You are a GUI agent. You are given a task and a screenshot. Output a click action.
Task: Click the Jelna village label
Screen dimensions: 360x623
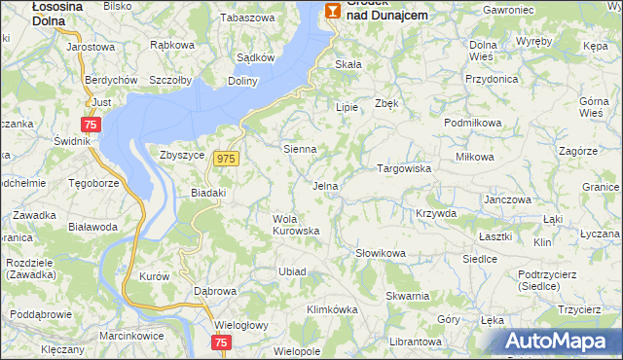[x=325, y=185]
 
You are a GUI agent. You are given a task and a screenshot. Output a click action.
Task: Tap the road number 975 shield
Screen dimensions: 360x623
[x=227, y=159]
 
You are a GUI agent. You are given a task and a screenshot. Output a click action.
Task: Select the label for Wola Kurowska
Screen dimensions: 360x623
[x=296, y=224]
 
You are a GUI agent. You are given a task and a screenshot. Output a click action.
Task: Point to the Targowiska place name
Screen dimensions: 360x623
[x=404, y=168]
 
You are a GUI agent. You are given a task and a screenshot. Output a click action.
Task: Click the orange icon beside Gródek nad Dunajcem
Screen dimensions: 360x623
[x=333, y=11]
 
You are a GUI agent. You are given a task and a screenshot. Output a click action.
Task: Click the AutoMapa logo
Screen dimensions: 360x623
[x=555, y=342]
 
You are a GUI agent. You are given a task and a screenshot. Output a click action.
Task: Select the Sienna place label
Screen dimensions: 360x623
[x=299, y=149]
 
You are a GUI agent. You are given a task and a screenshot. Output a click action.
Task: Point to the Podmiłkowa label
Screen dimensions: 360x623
[x=472, y=123]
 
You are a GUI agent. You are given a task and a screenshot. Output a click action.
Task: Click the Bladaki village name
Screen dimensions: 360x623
[x=207, y=193]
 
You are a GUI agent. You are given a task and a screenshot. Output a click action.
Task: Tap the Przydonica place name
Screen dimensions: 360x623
[x=492, y=79]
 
